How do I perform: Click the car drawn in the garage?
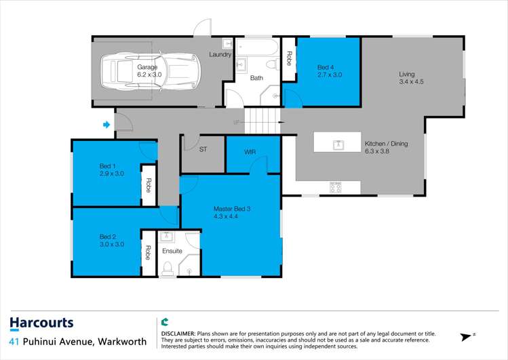click(x=151, y=71)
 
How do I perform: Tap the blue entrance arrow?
click(x=106, y=125)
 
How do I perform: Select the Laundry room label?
click(x=220, y=54)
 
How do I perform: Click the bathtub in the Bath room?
click(x=257, y=47)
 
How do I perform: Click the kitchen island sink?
click(x=339, y=144)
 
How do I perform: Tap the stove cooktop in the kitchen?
click(x=335, y=187)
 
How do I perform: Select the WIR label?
click(x=250, y=152)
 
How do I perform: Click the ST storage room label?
click(x=203, y=149)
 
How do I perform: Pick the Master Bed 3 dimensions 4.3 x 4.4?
click(x=226, y=216)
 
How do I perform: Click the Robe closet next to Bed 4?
click(x=289, y=59)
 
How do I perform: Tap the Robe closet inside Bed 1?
click(x=149, y=185)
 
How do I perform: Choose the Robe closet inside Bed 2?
click(x=148, y=253)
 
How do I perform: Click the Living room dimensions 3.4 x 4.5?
click(x=411, y=81)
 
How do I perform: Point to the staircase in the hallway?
click(x=262, y=121)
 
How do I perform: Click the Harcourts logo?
click(x=42, y=323)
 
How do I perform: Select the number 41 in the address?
click(x=14, y=342)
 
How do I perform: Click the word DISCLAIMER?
click(x=178, y=334)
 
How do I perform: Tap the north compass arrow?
click(x=466, y=337)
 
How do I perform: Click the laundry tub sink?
click(x=227, y=43)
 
